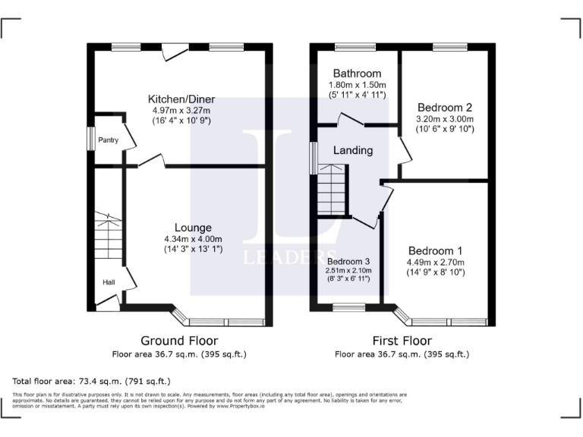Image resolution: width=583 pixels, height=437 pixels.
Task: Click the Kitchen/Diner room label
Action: tap(181, 99)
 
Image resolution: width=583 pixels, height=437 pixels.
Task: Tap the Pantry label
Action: tap(108, 140)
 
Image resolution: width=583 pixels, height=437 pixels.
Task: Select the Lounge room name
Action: tap(193, 228)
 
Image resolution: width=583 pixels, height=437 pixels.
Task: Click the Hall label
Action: tap(109, 283)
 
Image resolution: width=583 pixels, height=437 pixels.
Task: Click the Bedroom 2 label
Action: tap(444, 107)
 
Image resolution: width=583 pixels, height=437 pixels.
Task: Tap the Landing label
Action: tap(353, 150)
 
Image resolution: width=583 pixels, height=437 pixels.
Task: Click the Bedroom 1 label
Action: tap(435, 251)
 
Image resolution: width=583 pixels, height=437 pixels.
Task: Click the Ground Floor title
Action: tap(180, 341)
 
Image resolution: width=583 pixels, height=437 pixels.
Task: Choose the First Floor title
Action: tap(402, 341)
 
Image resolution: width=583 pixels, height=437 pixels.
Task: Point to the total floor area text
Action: tap(92, 380)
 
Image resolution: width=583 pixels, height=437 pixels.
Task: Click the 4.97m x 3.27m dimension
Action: tap(181, 111)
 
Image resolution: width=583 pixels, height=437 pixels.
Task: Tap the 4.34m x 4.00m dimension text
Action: tap(193, 239)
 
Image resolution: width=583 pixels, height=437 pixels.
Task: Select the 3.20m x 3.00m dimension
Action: tap(444, 119)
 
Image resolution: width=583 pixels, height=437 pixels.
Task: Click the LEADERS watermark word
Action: tap(289, 257)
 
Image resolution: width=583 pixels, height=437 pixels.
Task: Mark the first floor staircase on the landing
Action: tap(331, 190)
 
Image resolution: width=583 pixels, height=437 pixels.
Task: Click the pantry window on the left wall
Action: tap(90, 140)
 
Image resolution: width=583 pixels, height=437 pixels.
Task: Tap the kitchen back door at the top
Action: tap(175, 50)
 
